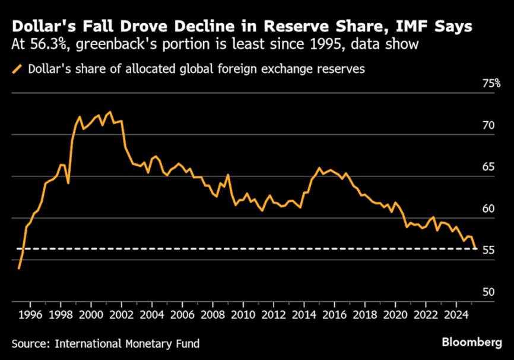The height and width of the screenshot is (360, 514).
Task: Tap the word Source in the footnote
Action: coord(29,343)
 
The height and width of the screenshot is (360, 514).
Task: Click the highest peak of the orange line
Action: coord(109,112)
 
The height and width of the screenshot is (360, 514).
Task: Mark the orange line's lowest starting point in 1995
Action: coord(19,269)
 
